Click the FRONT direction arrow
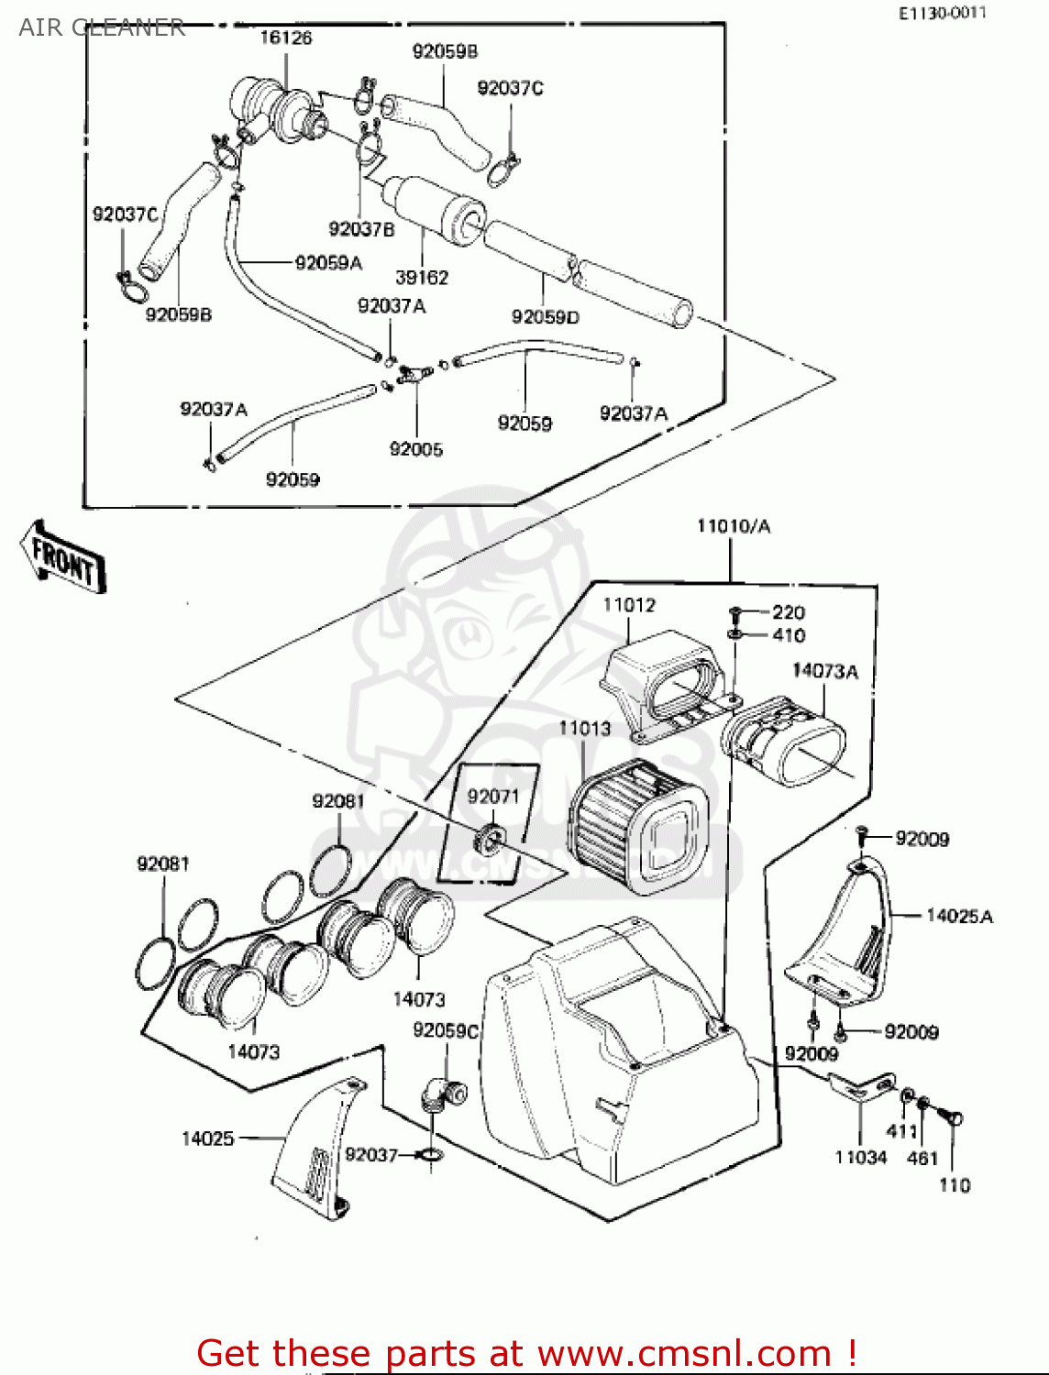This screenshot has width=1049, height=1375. (x=62, y=557)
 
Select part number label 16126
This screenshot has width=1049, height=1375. (x=285, y=38)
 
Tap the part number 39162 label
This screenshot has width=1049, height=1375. (x=421, y=277)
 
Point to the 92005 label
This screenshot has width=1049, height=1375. (x=415, y=449)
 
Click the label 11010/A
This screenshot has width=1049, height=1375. (x=734, y=526)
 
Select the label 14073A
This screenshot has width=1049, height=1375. (x=824, y=671)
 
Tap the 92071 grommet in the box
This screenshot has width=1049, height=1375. (x=491, y=838)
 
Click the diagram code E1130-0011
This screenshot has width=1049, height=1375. (x=942, y=13)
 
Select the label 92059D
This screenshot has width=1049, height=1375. (x=545, y=317)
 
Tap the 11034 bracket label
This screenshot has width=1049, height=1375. (x=860, y=1158)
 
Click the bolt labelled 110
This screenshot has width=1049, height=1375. (x=953, y=1119)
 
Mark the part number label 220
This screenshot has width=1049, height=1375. (x=788, y=611)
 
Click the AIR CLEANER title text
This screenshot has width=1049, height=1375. (x=101, y=27)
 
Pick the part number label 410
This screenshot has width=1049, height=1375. (x=788, y=635)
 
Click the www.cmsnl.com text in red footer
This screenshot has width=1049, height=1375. (x=683, y=1353)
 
